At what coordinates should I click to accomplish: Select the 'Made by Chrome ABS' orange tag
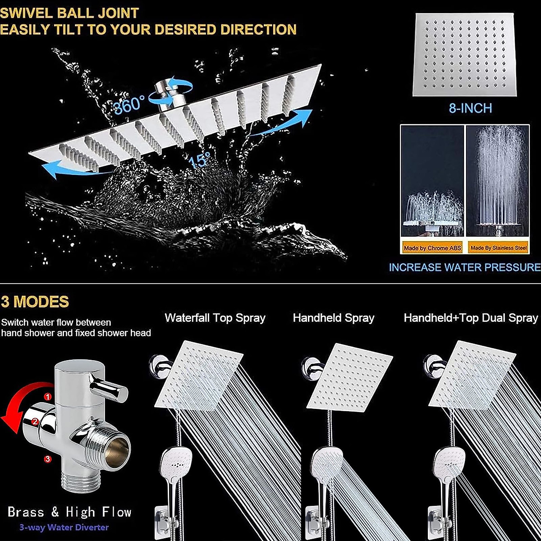[432, 248]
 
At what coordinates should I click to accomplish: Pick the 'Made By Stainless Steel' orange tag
[498, 248]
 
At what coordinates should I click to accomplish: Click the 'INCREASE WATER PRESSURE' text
[464, 267]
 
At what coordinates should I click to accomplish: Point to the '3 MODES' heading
[35, 302]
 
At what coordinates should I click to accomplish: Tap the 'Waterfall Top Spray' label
[215, 318]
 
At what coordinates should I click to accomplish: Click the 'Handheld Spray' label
[334, 318]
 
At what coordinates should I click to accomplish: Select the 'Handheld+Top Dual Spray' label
[471, 318]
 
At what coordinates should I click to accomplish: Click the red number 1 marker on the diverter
[48, 397]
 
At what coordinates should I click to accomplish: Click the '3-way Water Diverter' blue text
[64, 527]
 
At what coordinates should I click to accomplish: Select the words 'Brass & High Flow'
[69, 512]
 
